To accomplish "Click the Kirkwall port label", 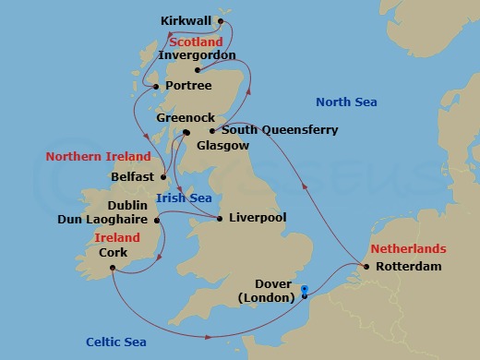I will click(186, 20).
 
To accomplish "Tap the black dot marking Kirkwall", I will click(221, 20).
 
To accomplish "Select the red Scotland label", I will click(196, 42).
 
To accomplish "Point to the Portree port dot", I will click(155, 87).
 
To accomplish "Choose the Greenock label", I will click(186, 118).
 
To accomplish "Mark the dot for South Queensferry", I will click(212, 131).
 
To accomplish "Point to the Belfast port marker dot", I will click(163, 176).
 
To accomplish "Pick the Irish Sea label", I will click(184, 198).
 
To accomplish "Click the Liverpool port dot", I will click(219, 219).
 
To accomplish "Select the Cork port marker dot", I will click(111, 269).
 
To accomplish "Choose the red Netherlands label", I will click(409, 249).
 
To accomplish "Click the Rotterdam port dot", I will click(367, 268).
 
